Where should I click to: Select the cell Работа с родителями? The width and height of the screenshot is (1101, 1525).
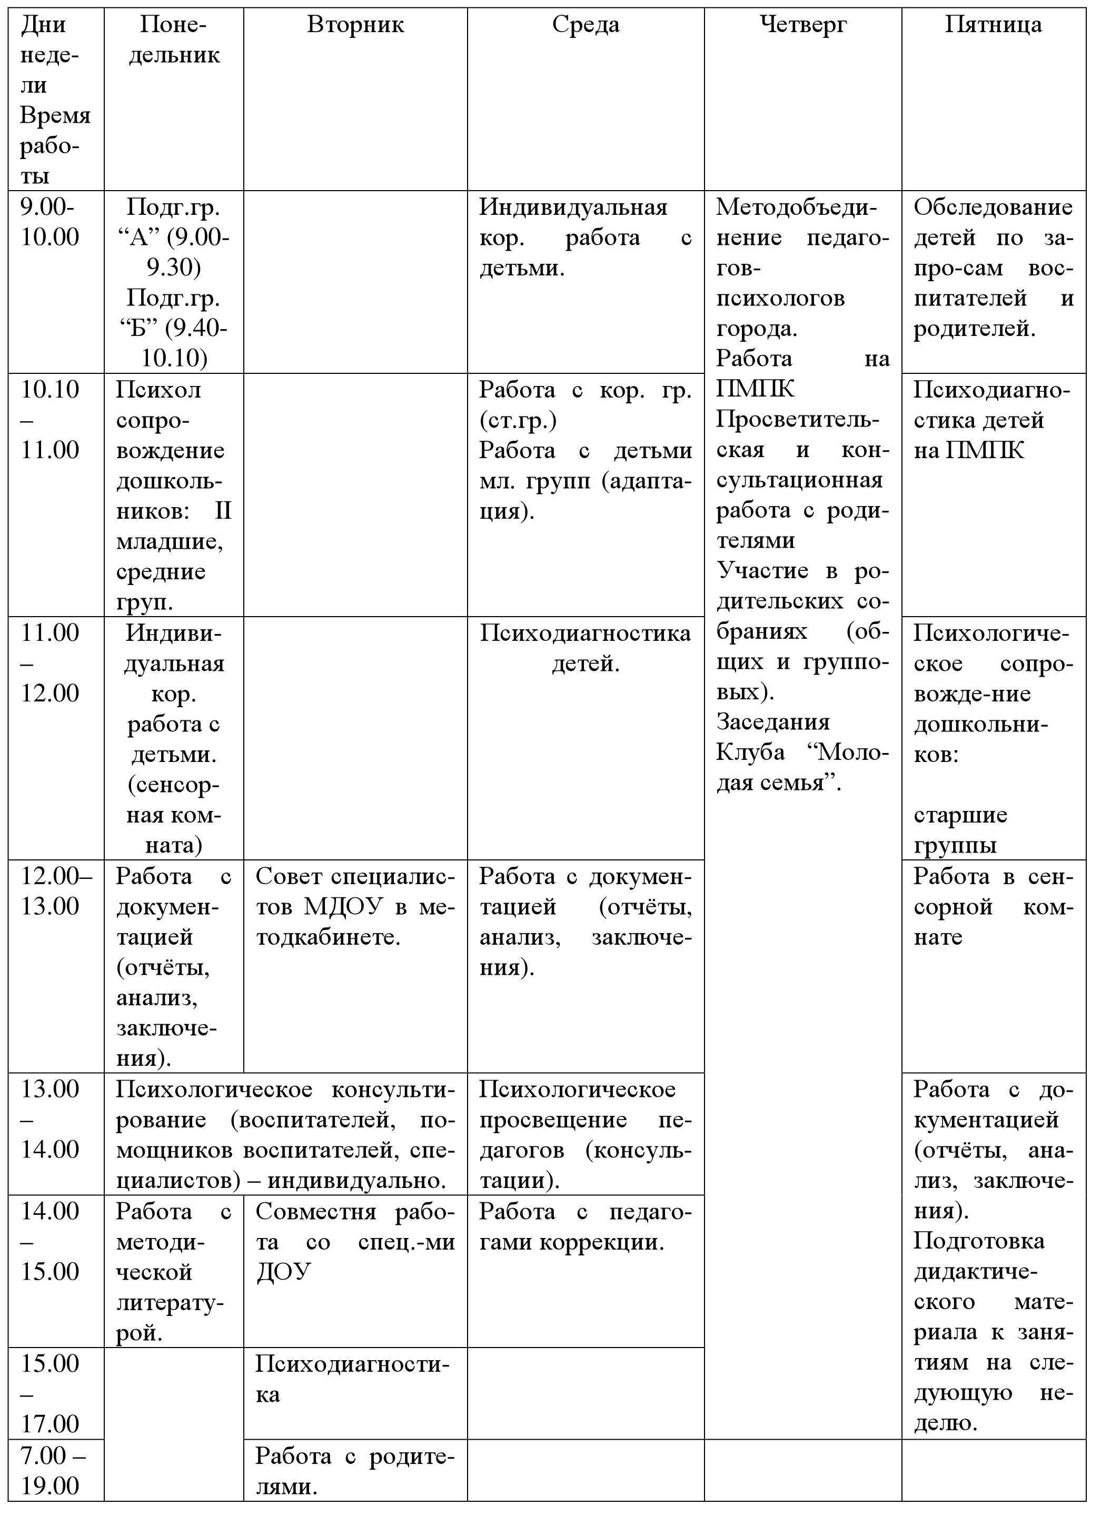[355, 1486]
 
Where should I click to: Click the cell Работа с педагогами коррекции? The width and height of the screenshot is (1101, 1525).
[585, 1226]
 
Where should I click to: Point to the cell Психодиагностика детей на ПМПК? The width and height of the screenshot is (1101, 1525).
[992, 420]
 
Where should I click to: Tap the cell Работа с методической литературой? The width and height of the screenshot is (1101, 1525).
[173, 1272]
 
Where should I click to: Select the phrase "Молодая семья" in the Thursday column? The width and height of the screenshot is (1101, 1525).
[802, 768]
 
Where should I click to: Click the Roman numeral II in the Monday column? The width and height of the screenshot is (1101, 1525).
[223, 511]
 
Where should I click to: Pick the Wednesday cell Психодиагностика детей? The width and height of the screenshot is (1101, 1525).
[585, 648]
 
